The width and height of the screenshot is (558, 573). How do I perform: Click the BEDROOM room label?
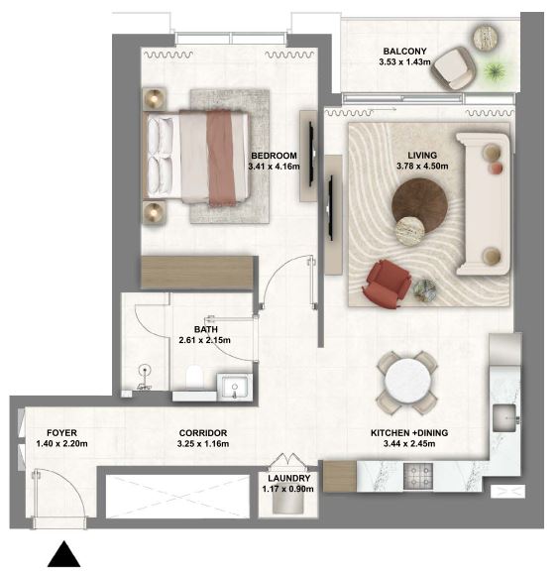tap(274, 156)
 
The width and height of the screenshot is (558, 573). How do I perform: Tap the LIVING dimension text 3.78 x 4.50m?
tap(422, 167)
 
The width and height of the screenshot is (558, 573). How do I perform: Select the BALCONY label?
tap(404, 52)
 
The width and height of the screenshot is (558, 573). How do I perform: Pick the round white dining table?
tap(407, 383)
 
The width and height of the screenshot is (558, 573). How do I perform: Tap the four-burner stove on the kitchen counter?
tap(418, 476)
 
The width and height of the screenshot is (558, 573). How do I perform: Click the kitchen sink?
tap(504, 417)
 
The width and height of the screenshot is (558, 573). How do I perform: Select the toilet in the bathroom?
tap(195, 377)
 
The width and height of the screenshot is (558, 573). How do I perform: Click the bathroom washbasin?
tap(234, 387)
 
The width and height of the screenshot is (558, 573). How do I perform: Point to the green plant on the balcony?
tap(495, 71)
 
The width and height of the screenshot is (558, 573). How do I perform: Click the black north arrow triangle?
tap(64, 554)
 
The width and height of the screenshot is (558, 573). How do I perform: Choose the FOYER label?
tap(61, 433)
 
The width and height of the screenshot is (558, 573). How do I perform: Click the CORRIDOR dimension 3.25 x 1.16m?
tap(203, 444)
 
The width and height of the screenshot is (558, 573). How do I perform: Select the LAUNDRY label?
tap(288, 479)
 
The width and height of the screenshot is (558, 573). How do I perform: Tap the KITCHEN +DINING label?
tap(409, 433)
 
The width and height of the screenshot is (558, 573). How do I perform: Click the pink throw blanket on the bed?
tap(221, 158)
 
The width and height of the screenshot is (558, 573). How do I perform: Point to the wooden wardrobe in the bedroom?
tap(197, 272)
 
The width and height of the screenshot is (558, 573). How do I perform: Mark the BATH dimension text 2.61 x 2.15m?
tap(204, 340)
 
